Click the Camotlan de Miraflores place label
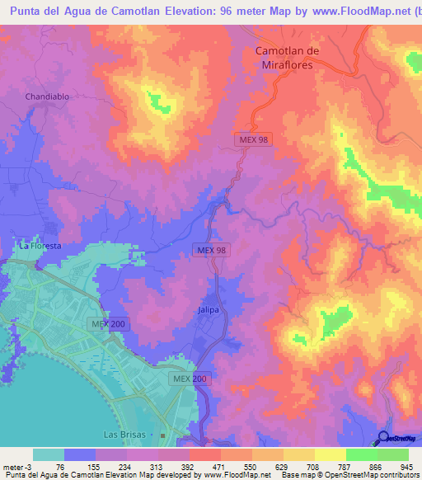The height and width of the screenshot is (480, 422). (286, 58)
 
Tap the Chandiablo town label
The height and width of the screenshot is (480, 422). (46, 96)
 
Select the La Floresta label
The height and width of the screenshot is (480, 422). (40, 246)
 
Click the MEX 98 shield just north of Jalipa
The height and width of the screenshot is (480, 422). (211, 250)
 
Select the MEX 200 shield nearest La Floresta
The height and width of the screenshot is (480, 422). (108, 324)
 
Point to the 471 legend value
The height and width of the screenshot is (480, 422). (206, 466)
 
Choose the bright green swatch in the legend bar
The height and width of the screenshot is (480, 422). (392, 454)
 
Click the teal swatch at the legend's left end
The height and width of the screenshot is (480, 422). (49, 454)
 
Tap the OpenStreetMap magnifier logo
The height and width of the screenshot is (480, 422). (383, 439)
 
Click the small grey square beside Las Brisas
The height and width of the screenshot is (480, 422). (164, 435)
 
